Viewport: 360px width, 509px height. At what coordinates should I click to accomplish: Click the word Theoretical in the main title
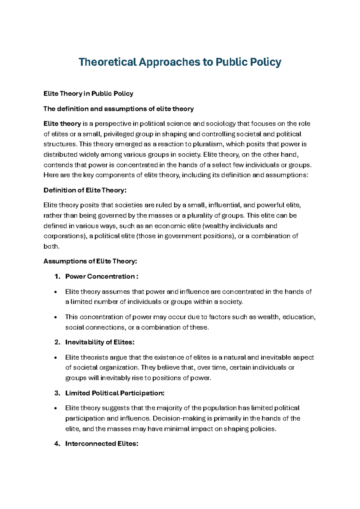coord(107,62)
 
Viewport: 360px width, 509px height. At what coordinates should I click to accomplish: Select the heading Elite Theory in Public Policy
coord(88,94)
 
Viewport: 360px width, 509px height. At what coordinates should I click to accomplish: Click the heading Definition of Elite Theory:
coord(85,190)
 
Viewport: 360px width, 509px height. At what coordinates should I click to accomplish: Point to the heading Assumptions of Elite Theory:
coord(90,261)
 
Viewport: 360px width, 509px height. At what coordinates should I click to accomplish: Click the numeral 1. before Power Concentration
coord(58,276)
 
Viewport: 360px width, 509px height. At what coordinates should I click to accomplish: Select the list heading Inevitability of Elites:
coord(100,342)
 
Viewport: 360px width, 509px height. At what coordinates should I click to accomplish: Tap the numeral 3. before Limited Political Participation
coord(58,393)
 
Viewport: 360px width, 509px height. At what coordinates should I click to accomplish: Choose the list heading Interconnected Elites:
coord(102,444)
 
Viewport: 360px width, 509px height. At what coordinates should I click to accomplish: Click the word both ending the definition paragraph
coord(51,246)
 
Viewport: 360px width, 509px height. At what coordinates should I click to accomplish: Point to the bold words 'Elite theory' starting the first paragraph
coord(62,124)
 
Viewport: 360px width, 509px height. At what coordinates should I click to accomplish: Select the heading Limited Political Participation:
coord(115,393)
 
